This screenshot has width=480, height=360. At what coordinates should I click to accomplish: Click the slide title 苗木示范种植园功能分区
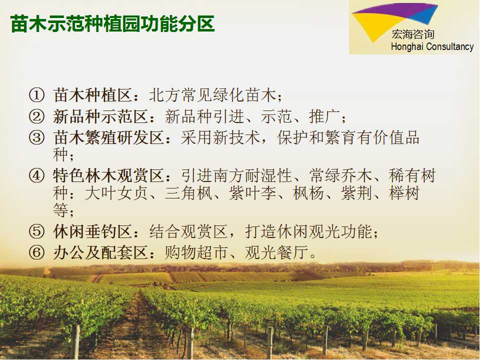[112, 24]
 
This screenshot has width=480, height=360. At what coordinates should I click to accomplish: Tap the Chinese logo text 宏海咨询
[413, 34]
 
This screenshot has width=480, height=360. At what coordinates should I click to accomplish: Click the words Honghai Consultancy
[432, 47]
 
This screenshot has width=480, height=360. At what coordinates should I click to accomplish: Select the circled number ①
[36, 95]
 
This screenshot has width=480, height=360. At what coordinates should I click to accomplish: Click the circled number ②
[36, 116]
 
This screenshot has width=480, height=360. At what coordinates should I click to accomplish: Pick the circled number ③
[36, 137]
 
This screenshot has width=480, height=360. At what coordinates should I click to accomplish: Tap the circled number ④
[36, 176]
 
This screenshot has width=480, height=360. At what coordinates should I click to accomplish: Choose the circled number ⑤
[36, 231]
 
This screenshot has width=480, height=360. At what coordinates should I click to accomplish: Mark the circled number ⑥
[36, 253]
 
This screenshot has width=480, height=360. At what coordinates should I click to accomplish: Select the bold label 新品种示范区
[100, 116]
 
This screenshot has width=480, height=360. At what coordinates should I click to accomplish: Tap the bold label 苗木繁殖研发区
[108, 137]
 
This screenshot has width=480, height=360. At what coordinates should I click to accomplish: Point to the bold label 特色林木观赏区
[108, 176]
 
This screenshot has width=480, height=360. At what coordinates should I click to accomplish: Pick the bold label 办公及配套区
[100, 253]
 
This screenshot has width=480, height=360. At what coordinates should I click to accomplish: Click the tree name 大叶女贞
[116, 193]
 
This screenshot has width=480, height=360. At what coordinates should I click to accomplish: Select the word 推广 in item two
[324, 116]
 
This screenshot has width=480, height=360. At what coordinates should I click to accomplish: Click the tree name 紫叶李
[252, 193]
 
